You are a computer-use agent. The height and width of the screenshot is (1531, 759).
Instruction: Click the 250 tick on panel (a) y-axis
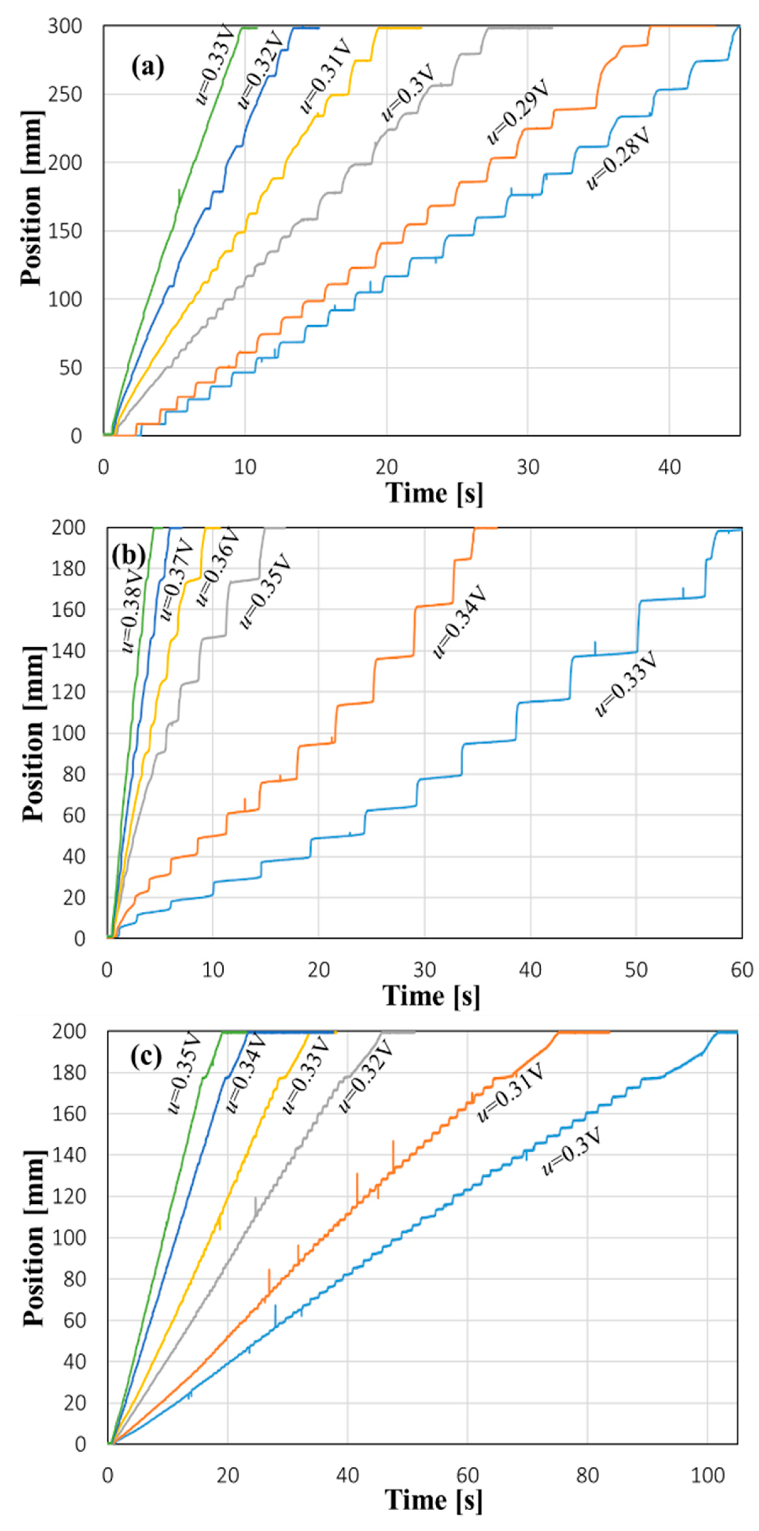[65, 94]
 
